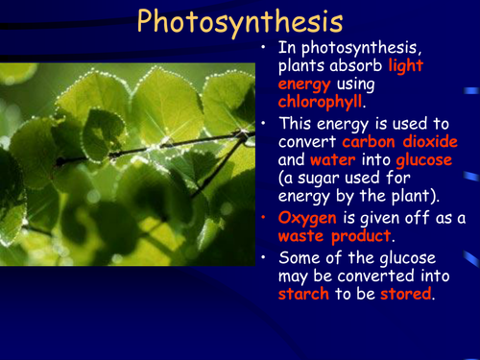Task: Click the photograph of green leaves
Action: pos(127,163)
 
